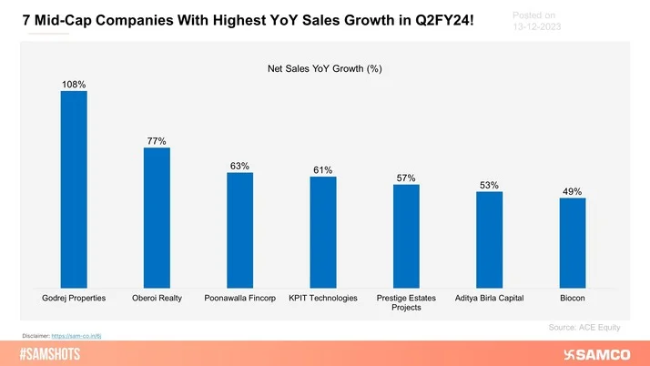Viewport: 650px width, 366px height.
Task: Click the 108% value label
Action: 74,85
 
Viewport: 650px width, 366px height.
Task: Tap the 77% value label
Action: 157,141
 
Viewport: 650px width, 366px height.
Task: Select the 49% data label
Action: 572,191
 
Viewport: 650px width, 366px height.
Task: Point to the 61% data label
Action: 323,169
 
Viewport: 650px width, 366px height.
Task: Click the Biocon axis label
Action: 572,298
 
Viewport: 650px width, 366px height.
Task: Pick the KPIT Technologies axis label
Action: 323,298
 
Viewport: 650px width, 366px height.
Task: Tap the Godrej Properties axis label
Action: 74,298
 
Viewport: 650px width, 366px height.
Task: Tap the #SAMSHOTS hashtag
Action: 49,353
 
